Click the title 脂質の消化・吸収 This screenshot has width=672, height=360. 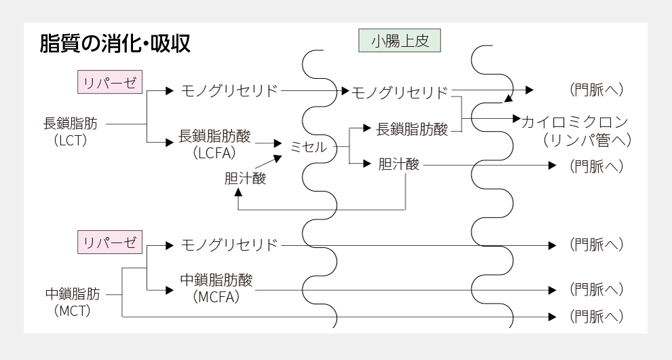point(115,45)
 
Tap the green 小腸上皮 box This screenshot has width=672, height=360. point(399,41)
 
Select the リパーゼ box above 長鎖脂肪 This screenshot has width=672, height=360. point(109,84)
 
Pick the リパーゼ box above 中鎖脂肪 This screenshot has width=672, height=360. point(109,242)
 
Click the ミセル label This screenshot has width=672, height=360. point(308,147)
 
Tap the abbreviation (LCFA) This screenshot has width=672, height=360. point(214,154)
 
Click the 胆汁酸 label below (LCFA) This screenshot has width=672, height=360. point(245,179)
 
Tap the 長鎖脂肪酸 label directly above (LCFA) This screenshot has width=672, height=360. point(214,136)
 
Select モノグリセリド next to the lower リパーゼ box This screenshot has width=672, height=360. point(229,245)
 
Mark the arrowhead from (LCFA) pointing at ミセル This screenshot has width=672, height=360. point(278,143)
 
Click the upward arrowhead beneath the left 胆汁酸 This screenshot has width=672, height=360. point(238,192)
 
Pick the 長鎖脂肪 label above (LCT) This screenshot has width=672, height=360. point(70,124)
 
